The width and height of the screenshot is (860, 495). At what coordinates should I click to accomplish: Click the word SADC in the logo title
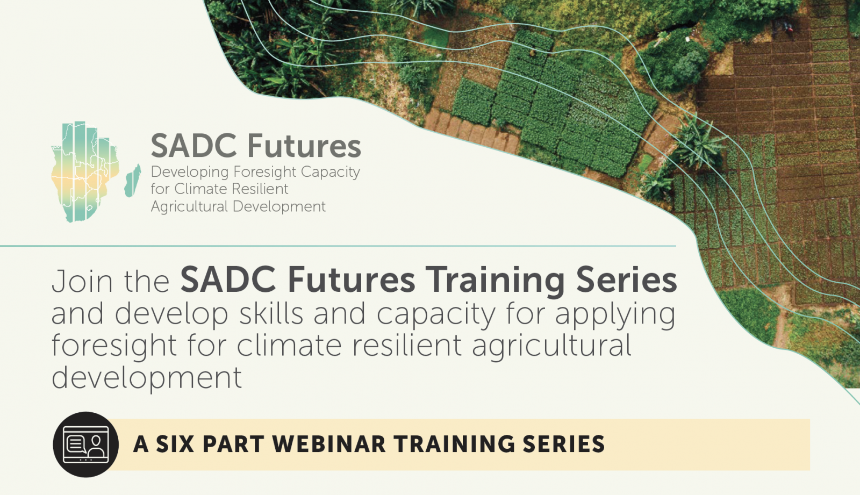click(x=193, y=146)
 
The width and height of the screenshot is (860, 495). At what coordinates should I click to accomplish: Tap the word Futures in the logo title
click(x=304, y=146)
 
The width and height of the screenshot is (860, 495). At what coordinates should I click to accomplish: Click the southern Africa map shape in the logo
click(x=85, y=171)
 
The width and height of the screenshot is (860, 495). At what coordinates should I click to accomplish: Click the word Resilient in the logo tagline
click(x=263, y=189)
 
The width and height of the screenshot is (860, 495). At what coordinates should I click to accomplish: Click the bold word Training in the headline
click(x=495, y=282)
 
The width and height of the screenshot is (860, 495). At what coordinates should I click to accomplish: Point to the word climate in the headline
click(x=289, y=346)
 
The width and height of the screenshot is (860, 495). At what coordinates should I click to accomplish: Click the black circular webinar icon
click(x=86, y=444)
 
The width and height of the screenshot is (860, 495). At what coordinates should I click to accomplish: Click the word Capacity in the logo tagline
click(x=331, y=173)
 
